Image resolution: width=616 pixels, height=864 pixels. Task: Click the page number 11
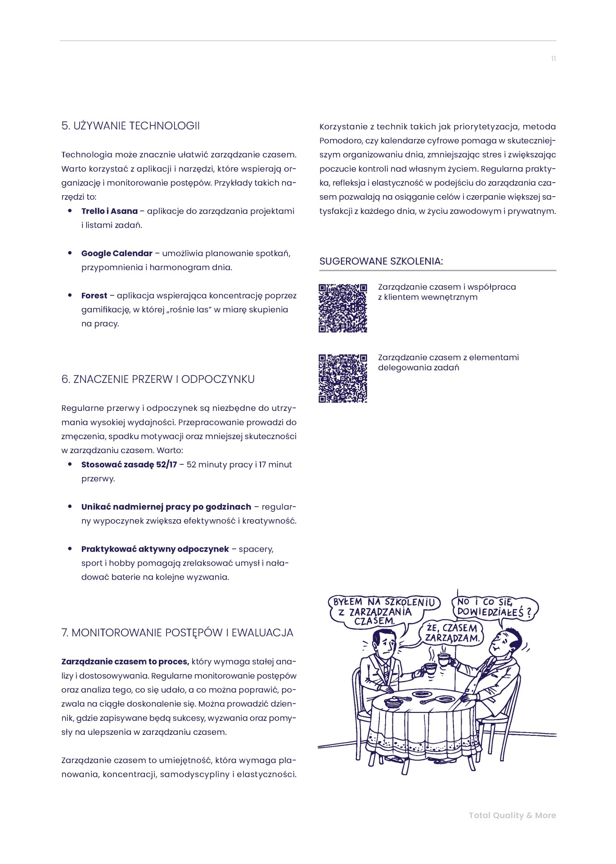(553, 59)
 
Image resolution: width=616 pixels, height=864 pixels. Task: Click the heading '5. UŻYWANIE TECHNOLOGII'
(130, 126)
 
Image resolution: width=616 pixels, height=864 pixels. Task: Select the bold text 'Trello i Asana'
(109, 211)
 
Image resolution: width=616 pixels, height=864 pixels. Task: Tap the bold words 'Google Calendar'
(117, 253)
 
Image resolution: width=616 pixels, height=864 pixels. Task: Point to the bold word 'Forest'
(94, 296)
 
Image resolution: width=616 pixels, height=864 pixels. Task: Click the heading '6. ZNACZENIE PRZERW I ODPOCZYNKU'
(158, 379)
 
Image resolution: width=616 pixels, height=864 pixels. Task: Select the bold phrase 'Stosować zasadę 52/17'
(129, 464)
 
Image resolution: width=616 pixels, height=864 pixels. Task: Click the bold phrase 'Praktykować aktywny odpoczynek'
(155, 549)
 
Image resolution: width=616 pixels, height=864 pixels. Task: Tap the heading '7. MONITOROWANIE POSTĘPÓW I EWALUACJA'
(177, 633)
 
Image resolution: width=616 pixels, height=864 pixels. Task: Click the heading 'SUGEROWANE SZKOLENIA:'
(381, 261)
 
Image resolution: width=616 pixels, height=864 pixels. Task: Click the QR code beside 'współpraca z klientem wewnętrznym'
(343, 308)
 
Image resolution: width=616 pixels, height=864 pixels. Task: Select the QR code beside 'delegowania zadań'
(343, 378)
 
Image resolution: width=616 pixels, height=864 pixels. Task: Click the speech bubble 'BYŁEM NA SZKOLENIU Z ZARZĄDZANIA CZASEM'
(384, 611)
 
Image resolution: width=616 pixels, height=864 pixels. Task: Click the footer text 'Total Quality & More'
(512, 815)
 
